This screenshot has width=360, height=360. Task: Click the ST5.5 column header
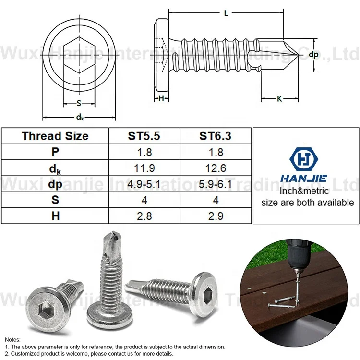(144, 136)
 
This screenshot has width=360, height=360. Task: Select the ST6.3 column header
(215, 136)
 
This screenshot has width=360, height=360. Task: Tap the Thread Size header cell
(55, 136)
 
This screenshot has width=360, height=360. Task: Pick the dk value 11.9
(144, 168)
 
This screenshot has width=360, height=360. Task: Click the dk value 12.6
(215, 168)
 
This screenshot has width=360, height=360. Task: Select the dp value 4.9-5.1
(144, 184)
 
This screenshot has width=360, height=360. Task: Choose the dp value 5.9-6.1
(215, 184)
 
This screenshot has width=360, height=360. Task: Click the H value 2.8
(144, 216)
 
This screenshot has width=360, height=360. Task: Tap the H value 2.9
(215, 216)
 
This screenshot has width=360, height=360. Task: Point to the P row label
(55, 152)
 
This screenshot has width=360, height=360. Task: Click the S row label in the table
(55, 200)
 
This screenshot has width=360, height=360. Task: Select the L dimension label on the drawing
(226, 13)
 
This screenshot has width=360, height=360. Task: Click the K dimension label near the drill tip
(279, 99)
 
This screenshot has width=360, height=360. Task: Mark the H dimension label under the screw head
(161, 98)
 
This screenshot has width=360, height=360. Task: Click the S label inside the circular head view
(79, 103)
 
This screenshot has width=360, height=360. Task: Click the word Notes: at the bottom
(13, 339)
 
